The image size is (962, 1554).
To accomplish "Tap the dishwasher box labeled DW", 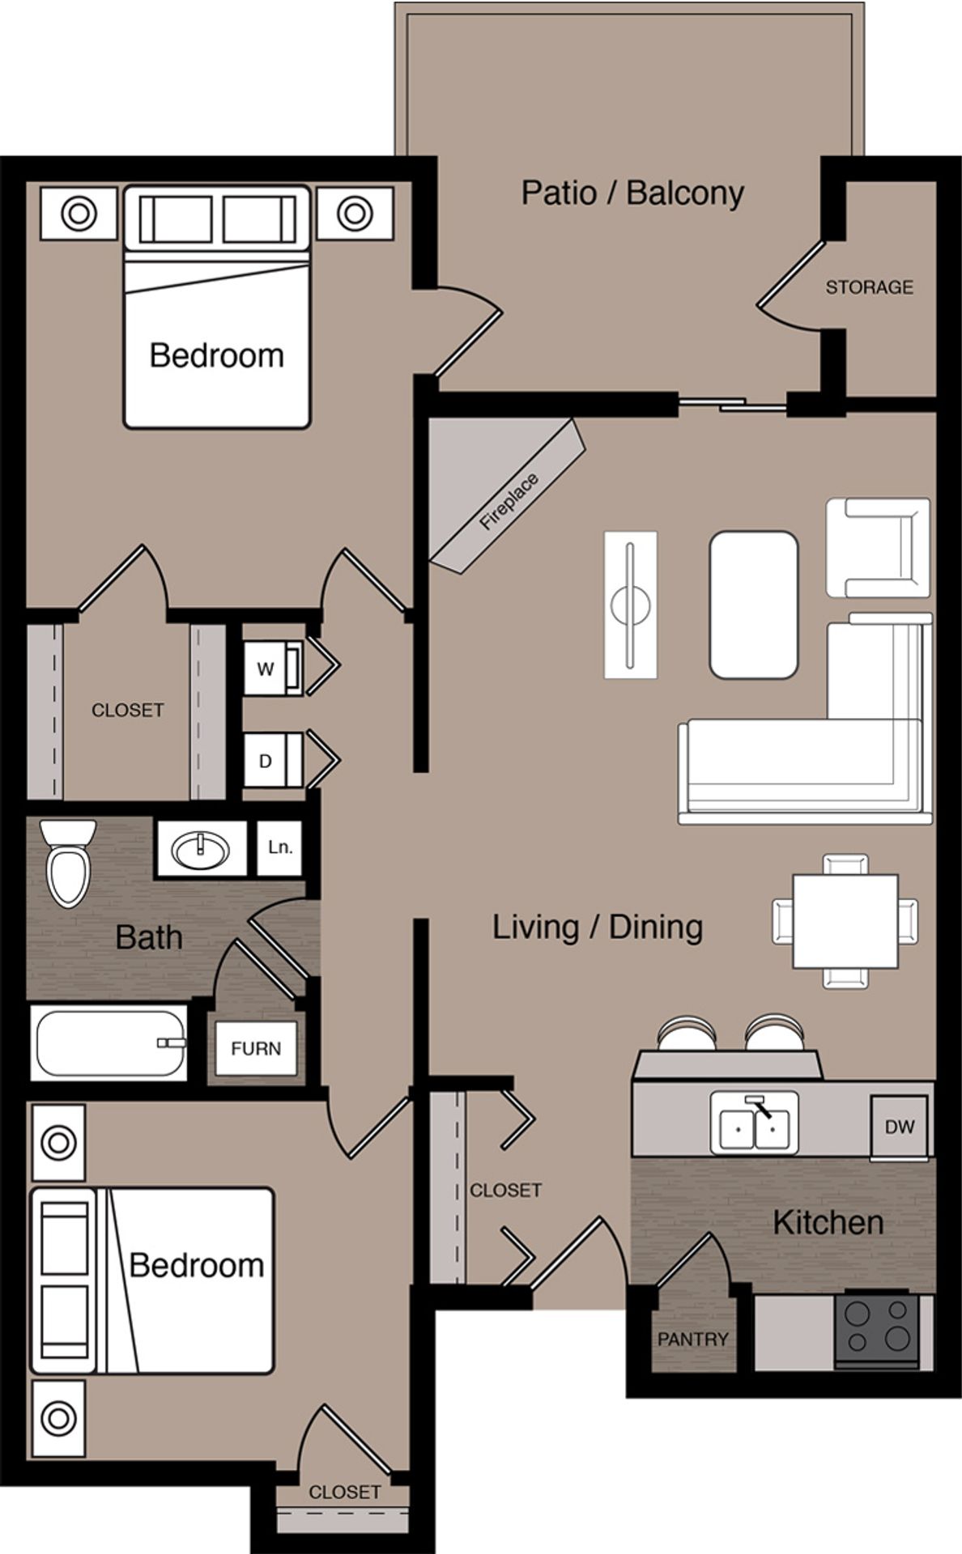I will (x=899, y=1127).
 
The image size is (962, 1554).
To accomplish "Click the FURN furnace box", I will (x=256, y=1048).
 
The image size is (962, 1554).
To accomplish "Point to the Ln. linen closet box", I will (x=279, y=847).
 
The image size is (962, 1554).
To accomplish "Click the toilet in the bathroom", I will (x=68, y=863).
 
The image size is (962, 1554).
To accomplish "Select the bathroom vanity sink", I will (x=201, y=849).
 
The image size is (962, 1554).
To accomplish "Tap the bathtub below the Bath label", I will (x=109, y=1042).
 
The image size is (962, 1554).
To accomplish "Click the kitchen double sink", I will (x=754, y=1123).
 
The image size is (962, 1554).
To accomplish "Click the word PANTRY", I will (x=692, y=1340).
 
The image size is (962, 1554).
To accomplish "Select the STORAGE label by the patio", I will (x=869, y=287).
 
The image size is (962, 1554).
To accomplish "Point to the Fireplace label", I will (x=509, y=503).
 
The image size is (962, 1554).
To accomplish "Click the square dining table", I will (x=845, y=921).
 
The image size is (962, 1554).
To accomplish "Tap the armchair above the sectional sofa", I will (x=878, y=547).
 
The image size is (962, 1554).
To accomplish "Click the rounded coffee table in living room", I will (x=753, y=604).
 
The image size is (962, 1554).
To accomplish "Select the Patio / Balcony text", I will (x=632, y=193).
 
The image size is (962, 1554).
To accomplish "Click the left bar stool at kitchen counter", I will (x=687, y=1035).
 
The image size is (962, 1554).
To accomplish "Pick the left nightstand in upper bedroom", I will (x=79, y=214).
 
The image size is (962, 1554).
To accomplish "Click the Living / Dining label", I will (x=597, y=928).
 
